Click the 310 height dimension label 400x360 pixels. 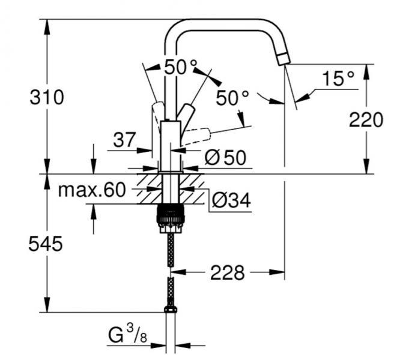coord(46,97)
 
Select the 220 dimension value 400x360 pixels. coord(366,120)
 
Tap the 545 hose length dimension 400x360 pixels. coord(46,244)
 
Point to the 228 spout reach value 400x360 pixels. coord(227,273)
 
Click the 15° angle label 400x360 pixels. coord(338,78)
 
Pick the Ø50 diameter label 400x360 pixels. coord(225,158)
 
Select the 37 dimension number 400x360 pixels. coord(125,140)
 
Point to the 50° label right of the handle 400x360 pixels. coord(232,98)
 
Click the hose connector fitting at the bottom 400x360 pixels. coord(171,309)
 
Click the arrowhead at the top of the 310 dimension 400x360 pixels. coord(47,24)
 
